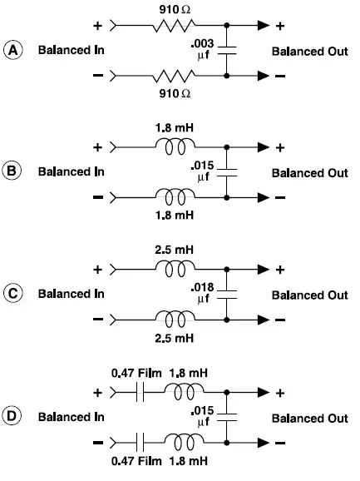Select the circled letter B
(x=14, y=173)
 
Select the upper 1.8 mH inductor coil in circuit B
(x=177, y=146)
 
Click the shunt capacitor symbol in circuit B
(x=227, y=173)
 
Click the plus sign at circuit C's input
(x=98, y=270)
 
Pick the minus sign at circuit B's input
(x=98, y=199)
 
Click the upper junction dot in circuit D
(x=227, y=391)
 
